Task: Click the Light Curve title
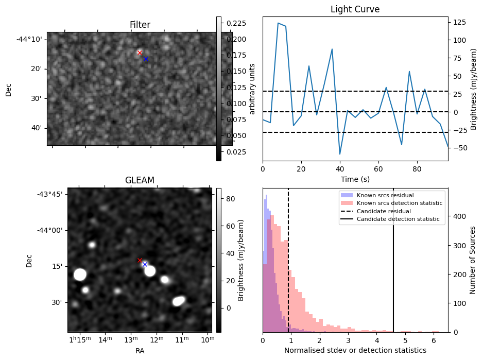click(355, 9)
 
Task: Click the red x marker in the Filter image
click(140, 53)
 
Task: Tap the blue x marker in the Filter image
click(146, 59)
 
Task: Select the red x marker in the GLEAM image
click(140, 260)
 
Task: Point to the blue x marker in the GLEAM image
click(145, 264)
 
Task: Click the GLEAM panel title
click(140, 180)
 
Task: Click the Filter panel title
click(140, 25)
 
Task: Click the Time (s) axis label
click(355, 179)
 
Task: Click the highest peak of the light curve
click(278, 23)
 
